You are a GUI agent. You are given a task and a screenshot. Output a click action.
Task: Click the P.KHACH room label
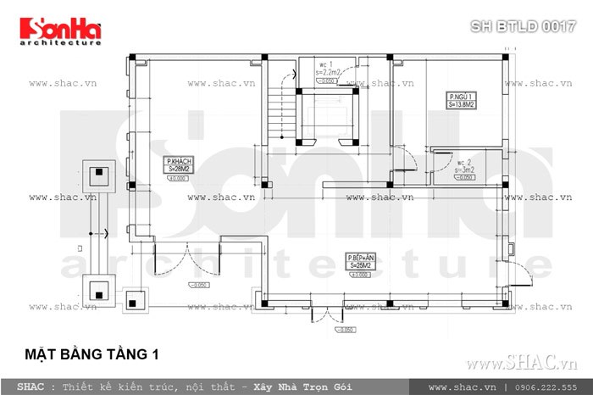click(178, 165)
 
